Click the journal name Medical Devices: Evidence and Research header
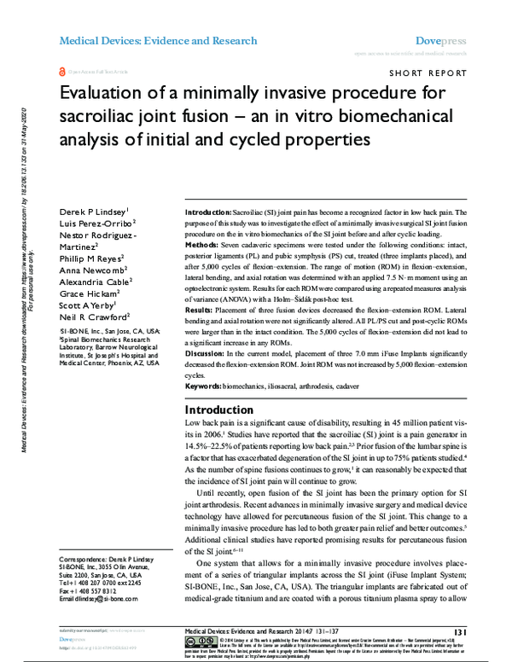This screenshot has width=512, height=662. point(157,40)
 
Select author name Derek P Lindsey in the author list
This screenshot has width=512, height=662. point(93,211)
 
